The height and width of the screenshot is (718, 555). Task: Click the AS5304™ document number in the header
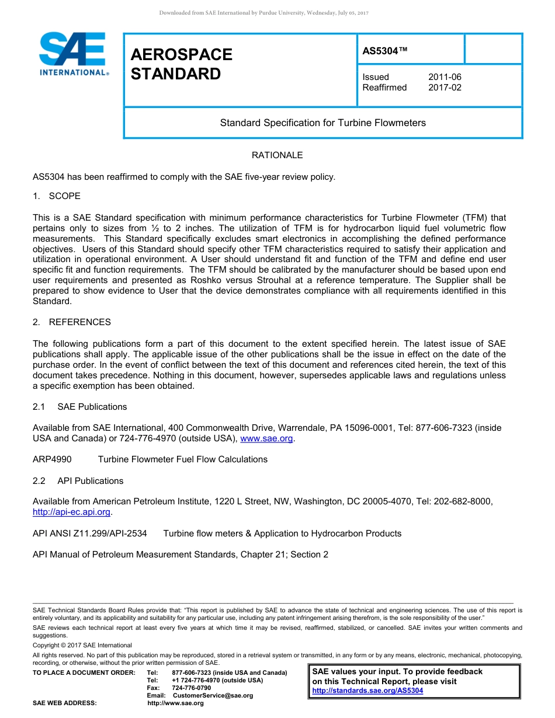[385, 51]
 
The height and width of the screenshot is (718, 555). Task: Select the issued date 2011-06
[445, 77]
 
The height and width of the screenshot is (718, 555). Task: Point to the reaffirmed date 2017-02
[445, 88]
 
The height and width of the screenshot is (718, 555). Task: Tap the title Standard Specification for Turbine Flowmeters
[322, 123]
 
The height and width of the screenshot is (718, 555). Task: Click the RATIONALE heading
[277, 155]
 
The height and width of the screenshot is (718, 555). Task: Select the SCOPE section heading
[64, 196]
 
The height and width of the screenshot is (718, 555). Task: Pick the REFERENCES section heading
[79, 322]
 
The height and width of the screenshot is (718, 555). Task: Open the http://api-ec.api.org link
[71, 512]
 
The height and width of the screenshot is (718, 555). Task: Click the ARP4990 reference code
[52, 459]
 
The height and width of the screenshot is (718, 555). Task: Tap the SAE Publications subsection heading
[92, 407]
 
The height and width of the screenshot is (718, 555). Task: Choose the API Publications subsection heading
[90, 481]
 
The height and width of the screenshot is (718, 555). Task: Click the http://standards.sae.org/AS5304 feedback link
[367, 691]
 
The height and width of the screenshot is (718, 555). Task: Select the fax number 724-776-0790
[191, 688]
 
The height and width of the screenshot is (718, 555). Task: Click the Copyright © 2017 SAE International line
[82, 645]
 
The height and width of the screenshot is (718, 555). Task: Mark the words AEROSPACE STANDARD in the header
[181, 64]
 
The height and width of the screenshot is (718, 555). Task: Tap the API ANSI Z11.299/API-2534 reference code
[90, 534]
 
